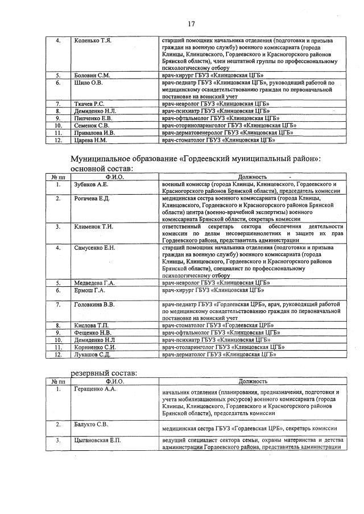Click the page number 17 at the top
191,24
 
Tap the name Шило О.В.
88,83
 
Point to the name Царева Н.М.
91,139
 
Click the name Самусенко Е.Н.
94,248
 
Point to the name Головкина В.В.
94,305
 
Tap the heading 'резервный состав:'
104,373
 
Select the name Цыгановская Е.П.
97,441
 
